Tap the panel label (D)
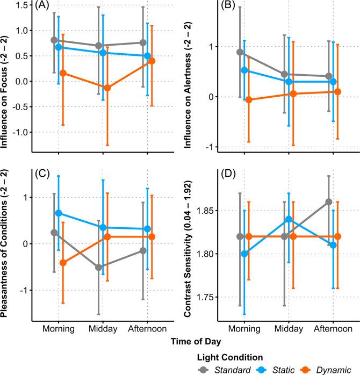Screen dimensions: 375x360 (x=224, y=175)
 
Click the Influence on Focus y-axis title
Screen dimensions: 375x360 (x=7, y=78)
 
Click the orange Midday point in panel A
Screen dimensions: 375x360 (x=107, y=88)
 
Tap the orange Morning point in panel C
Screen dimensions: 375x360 (x=63, y=262)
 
